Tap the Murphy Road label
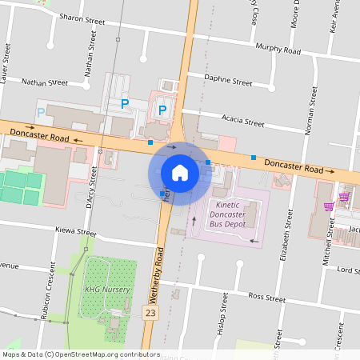click(278, 50)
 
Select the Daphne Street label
click(228, 82)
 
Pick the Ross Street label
click(266, 298)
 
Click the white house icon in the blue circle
click(180, 173)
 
